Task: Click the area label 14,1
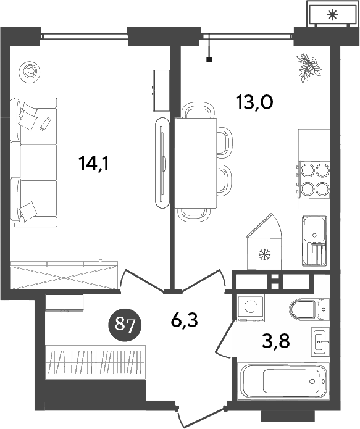click(x=93, y=164)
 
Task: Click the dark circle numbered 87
click(x=126, y=323)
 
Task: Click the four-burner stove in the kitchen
click(x=314, y=179)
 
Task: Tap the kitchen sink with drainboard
click(x=315, y=241)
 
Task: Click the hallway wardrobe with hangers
click(x=96, y=359)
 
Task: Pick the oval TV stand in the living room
click(x=161, y=162)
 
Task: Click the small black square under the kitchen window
click(x=209, y=60)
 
